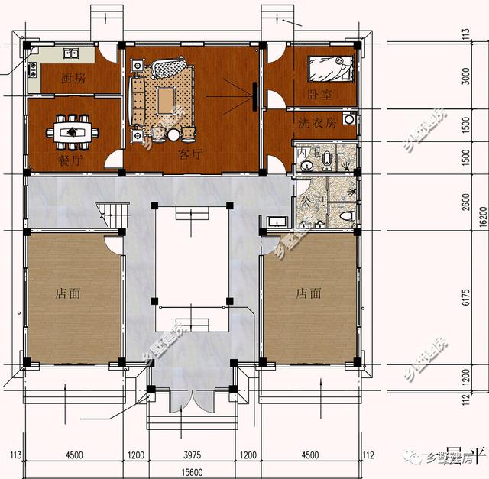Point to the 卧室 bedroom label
[319, 94]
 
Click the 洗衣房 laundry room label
[316, 123]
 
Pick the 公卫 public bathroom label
[309, 203]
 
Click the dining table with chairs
[73, 131]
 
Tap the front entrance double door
[197, 398]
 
